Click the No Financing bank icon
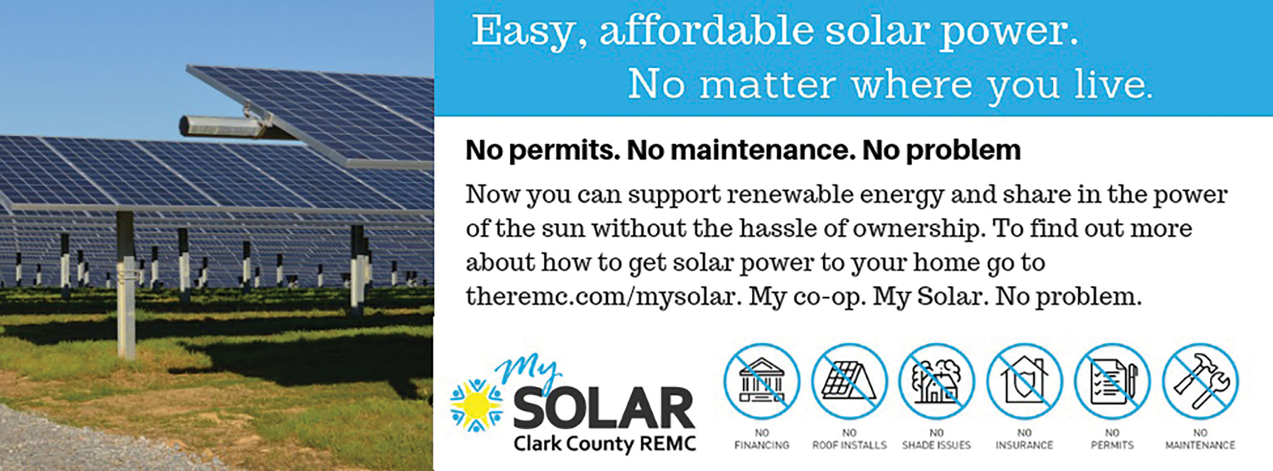click(761, 381)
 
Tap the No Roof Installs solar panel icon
click(849, 381)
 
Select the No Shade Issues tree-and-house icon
click(936, 381)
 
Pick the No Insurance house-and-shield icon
click(1024, 381)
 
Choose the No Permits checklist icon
click(1112, 381)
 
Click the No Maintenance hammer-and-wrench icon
click(1200, 381)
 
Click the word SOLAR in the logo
click(604, 409)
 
